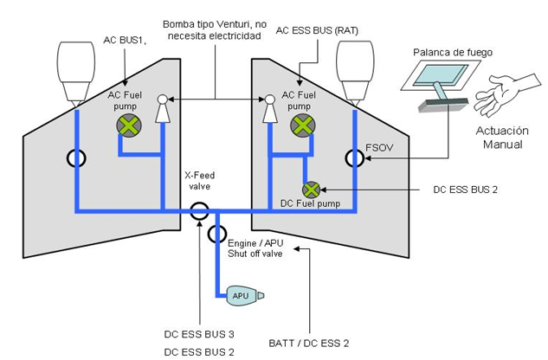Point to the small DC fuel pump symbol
309,189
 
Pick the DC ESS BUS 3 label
199,334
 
